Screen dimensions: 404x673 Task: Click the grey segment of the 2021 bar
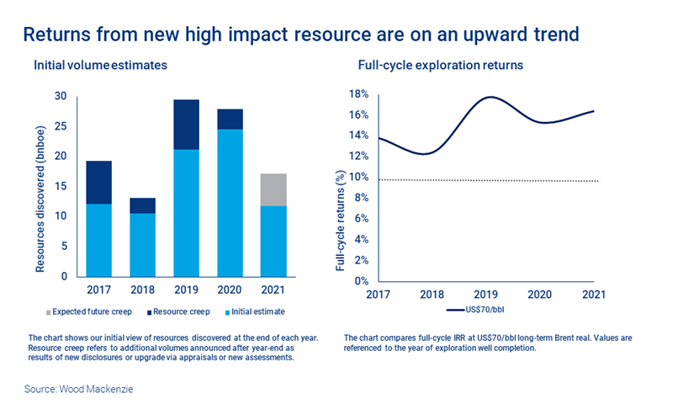coord(273,189)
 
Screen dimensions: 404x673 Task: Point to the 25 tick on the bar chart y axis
coord(59,126)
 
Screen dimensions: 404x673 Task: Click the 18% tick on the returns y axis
coord(359,94)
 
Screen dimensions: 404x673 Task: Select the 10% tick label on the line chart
coord(359,177)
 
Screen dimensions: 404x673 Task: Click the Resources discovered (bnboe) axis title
coord(39,185)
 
